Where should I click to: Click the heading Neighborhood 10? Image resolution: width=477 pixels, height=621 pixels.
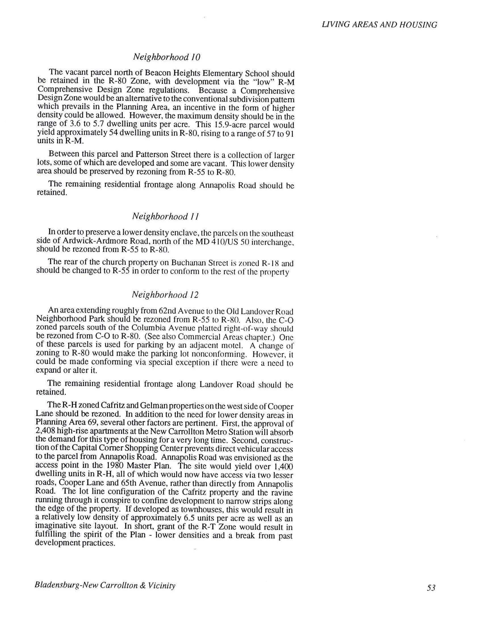[x=167, y=57]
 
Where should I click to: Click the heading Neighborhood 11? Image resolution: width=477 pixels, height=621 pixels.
[x=165, y=217]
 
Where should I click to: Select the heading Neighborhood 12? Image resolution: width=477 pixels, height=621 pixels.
[x=165, y=295]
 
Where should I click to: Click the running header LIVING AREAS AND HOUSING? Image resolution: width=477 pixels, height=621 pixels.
[x=380, y=25]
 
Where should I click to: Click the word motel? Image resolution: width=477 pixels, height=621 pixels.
[x=234, y=346]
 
